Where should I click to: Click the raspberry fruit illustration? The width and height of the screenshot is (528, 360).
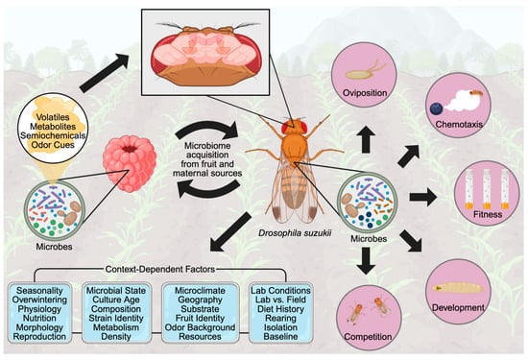point(130,163)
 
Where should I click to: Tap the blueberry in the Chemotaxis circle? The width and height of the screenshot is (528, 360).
point(437,108)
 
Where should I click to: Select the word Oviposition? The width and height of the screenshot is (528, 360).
point(365,92)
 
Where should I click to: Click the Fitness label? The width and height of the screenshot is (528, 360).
point(488,214)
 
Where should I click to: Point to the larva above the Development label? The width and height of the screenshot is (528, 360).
point(457,288)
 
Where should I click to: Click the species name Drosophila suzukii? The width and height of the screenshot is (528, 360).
point(295,232)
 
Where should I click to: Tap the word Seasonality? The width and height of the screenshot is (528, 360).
point(39,290)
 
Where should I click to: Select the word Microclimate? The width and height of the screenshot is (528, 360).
point(201,290)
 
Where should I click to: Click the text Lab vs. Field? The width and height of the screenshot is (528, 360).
point(280,300)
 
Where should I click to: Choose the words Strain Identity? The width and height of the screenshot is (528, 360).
point(116,318)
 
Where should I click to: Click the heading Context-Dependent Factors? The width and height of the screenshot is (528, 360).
point(160,270)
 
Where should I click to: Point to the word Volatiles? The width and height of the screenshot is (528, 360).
point(53,117)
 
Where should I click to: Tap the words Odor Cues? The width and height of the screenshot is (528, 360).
point(53,145)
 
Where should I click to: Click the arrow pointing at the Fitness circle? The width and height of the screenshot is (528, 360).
point(423,197)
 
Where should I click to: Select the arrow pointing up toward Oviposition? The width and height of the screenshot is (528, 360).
point(366,139)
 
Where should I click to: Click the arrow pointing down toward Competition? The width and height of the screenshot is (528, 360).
point(366,261)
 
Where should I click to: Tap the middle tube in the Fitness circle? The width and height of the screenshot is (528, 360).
point(487,189)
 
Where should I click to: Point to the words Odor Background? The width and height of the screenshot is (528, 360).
point(201,327)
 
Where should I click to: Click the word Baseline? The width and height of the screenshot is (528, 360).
point(280,336)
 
